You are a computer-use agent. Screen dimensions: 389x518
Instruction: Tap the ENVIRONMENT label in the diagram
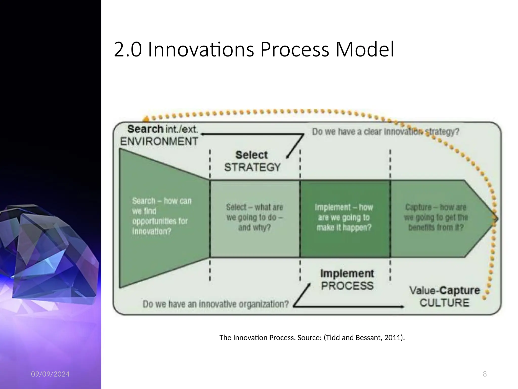point(159,141)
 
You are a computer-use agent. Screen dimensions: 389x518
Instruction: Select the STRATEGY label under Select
point(252,167)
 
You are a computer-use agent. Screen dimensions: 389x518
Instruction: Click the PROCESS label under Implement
point(347,286)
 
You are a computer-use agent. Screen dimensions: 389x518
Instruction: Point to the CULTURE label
point(444,303)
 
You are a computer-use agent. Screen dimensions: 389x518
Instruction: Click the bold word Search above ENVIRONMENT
point(145,129)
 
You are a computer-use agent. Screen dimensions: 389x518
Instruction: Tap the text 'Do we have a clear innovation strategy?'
point(385,132)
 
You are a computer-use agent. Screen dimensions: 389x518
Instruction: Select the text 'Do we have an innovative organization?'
point(215,304)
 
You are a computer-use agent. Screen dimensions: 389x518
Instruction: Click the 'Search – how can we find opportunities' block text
point(161,216)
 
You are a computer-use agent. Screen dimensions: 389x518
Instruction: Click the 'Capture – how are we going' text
point(436,217)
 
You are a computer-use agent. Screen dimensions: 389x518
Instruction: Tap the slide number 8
point(485,374)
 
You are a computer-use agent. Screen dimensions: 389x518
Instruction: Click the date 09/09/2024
point(50,374)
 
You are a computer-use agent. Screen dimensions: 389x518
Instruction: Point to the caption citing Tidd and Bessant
point(312,338)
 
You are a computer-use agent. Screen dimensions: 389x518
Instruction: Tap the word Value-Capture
point(444,290)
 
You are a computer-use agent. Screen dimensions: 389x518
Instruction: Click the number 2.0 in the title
point(128,50)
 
